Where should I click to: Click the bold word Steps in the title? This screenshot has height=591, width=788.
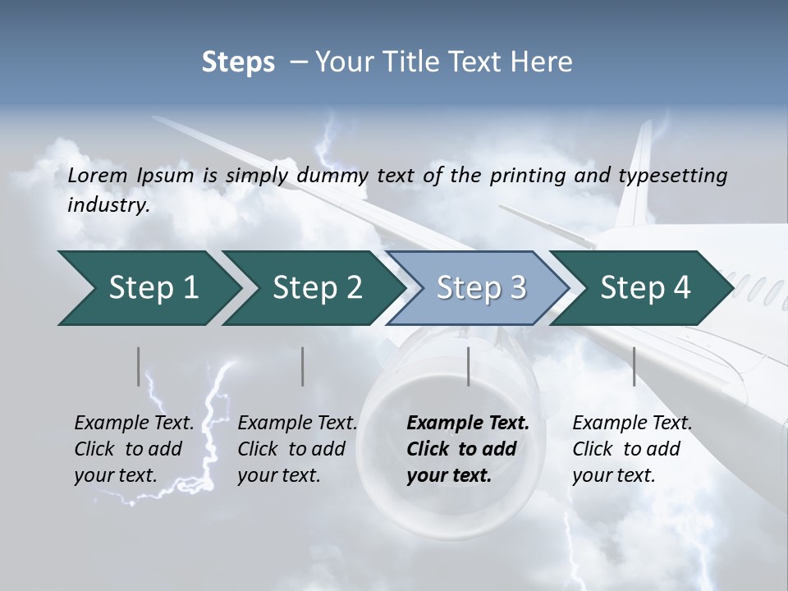coord(238,62)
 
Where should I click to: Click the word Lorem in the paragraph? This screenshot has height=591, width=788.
coord(98,175)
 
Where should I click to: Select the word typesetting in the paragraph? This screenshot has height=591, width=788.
coord(667,175)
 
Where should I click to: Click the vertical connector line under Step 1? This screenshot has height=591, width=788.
coord(139,366)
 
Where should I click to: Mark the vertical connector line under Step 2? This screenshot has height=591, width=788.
coord(303,366)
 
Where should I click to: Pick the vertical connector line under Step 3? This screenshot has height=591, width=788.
coord(469,366)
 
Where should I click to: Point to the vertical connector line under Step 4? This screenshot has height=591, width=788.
coord(634,366)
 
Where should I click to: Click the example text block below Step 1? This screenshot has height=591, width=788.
coord(134,449)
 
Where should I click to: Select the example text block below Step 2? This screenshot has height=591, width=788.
coord(297,449)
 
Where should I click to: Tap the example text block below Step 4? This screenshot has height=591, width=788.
coord(632,449)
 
